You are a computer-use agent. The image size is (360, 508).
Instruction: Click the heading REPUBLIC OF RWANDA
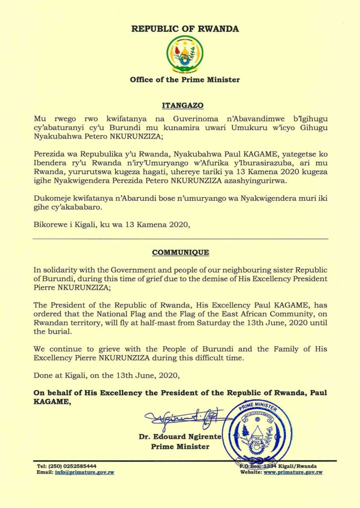[x=185, y=29]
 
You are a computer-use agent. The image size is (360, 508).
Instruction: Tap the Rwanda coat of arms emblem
[x=184, y=54]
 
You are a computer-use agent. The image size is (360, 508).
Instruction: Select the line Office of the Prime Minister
[x=185, y=79]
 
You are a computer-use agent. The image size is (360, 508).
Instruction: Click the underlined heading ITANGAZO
[x=180, y=105]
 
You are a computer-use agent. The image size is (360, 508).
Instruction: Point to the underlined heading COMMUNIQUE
[x=180, y=252]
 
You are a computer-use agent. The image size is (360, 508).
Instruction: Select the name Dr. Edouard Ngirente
[x=179, y=437]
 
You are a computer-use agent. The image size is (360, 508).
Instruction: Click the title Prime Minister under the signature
[x=180, y=446]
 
